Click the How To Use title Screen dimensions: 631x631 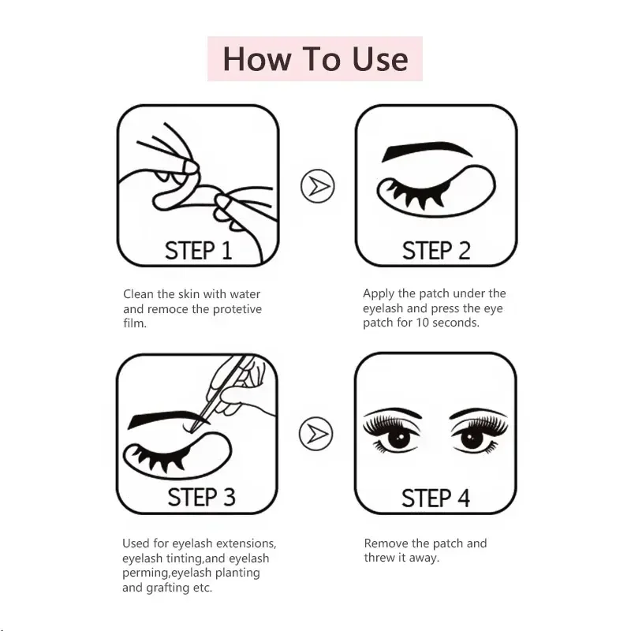pos(315,59)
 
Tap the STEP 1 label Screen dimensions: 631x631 pos(198,251)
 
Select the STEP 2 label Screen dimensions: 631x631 pos(435,251)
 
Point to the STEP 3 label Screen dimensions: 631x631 pos(201,497)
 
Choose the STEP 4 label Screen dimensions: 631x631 pos(435,498)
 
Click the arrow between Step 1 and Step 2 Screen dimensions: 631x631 pos(318,186)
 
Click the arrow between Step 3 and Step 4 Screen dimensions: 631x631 pos(316,433)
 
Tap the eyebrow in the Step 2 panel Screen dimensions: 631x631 pos(426,151)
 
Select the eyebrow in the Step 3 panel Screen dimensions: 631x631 pos(162,418)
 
